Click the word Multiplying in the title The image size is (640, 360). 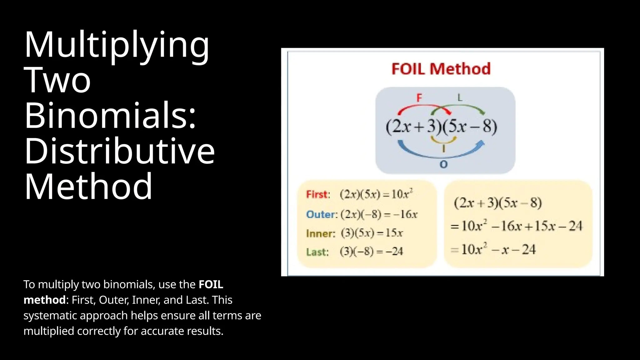click(116, 45)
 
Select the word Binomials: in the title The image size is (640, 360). click(110, 115)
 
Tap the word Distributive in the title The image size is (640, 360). click(119, 151)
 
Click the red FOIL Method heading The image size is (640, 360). click(441, 69)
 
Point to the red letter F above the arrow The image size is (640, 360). click(419, 98)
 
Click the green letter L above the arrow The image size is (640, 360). click(460, 98)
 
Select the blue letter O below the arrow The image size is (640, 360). click(443, 164)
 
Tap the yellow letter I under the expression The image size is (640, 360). click(443, 148)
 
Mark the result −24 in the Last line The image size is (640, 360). click(394, 252)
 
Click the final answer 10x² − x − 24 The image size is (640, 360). click(498, 249)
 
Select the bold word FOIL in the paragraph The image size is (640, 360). click(211, 284)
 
